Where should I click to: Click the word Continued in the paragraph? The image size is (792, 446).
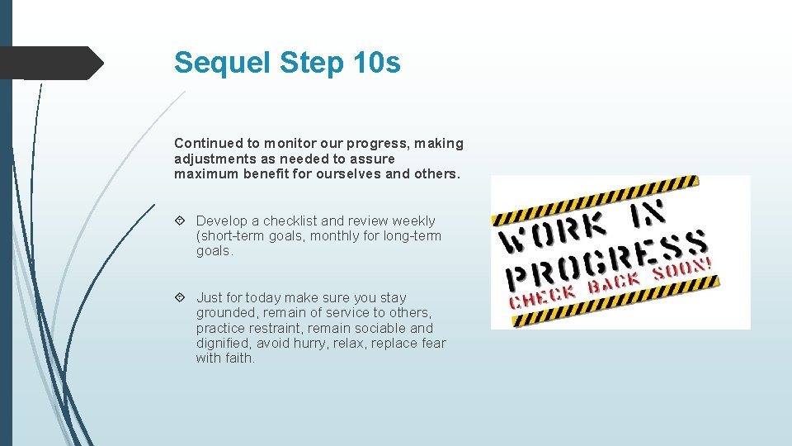pyautogui.click(x=206, y=143)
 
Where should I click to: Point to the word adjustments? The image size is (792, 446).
pyautogui.click(x=214, y=158)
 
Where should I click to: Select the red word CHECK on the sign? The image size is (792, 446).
pyautogui.click(x=542, y=296)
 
